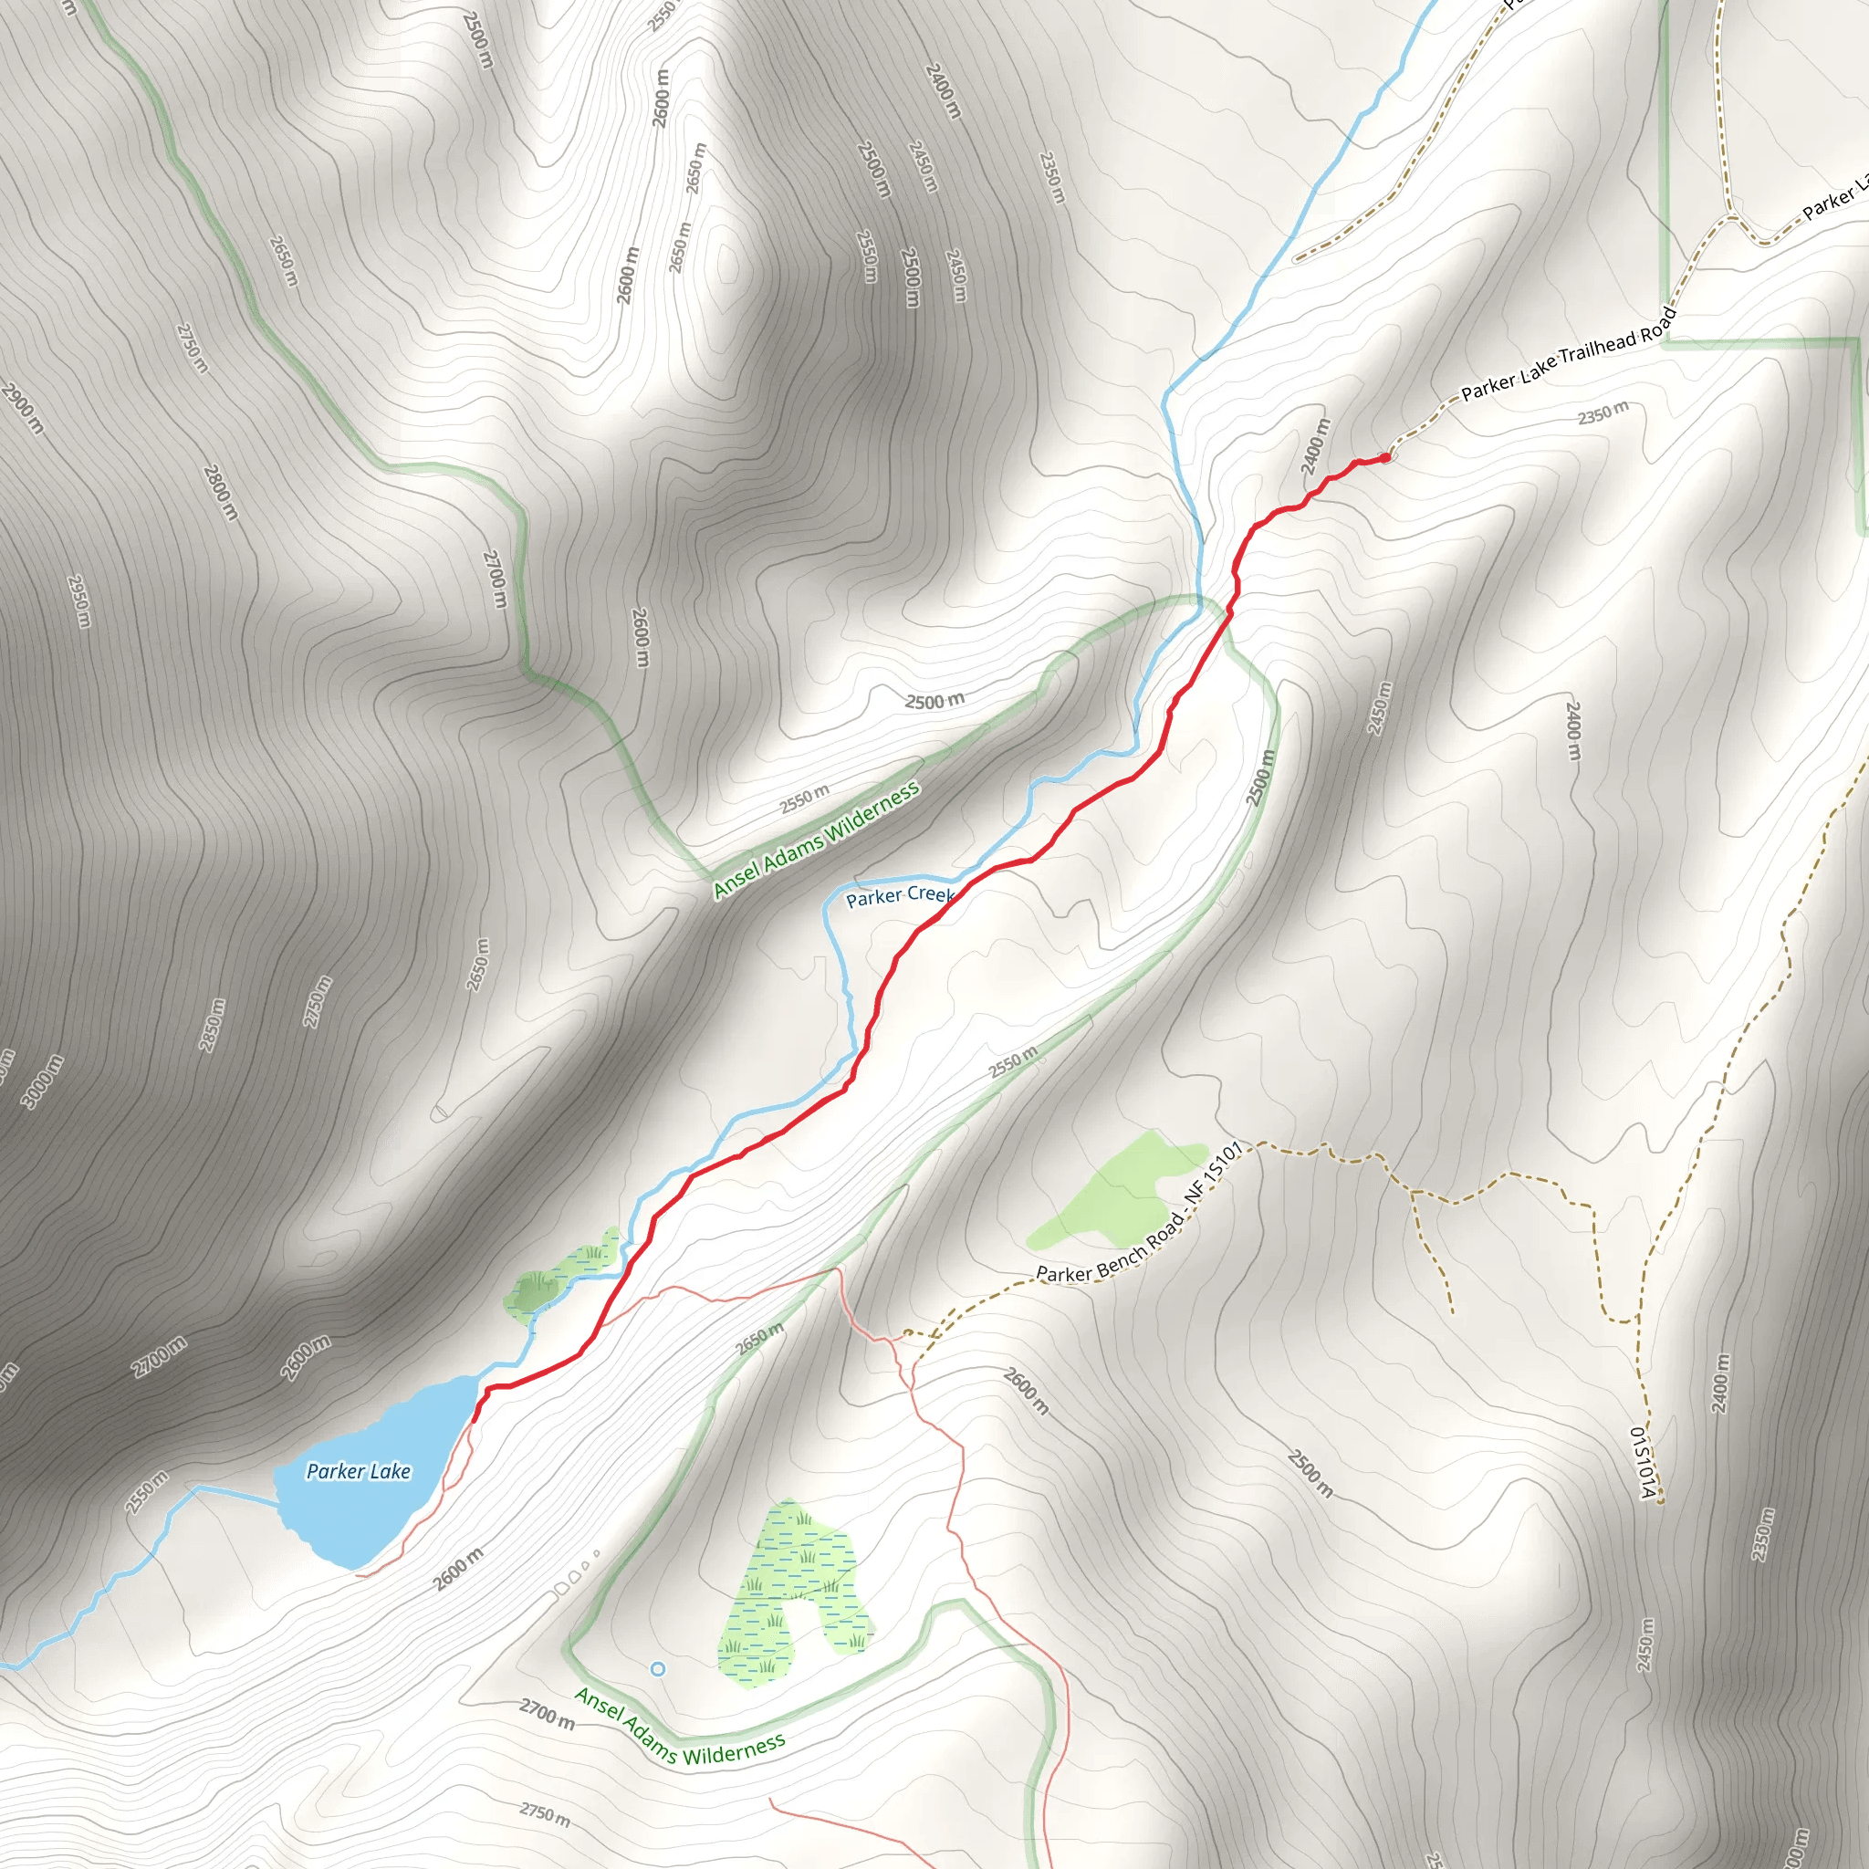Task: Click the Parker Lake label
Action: pos(358,1471)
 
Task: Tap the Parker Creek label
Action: pos(900,896)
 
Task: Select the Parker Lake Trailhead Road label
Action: pos(1567,354)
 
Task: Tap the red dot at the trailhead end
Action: pos(1385,457)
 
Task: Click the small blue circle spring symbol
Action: pos(658,1669)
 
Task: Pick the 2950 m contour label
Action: pos(79,600)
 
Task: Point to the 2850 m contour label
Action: pos(212,1025)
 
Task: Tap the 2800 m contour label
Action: pos(221,492)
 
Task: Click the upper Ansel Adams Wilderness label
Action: pos(816,841)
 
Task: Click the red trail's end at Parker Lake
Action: pos(475,1419)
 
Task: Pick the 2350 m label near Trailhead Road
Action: pos(1603,413)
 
